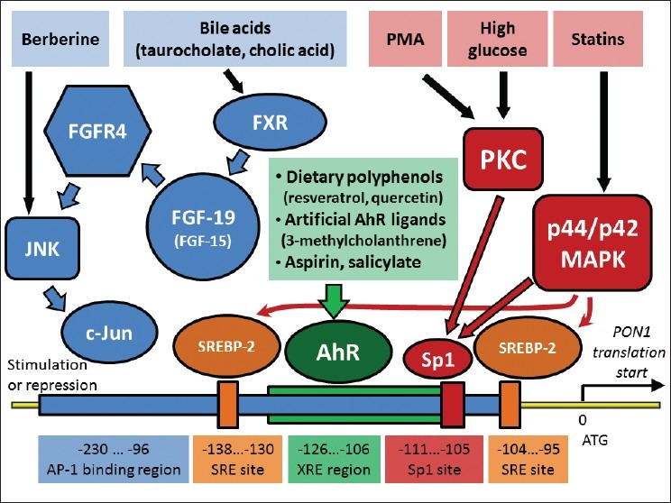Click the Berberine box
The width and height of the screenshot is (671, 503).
click(x=56, y=40)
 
